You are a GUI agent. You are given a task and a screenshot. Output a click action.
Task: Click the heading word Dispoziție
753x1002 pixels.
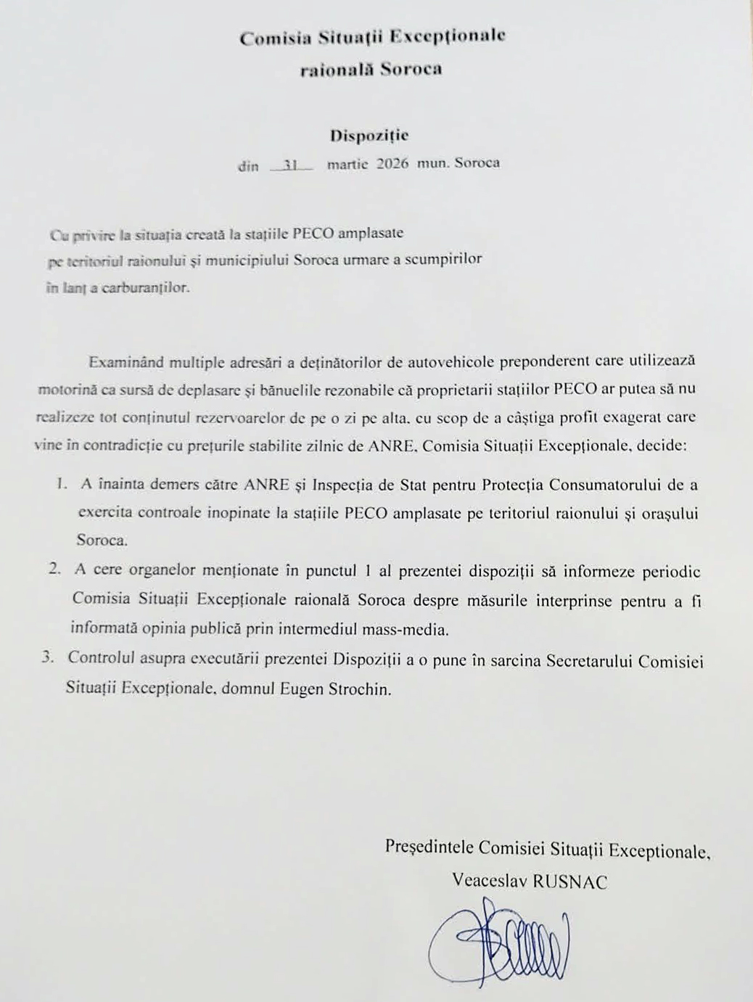point(369,136)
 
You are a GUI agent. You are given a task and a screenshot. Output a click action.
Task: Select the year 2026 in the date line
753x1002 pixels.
point(392,163)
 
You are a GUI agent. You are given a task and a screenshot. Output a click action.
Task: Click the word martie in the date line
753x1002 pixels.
point(347,163)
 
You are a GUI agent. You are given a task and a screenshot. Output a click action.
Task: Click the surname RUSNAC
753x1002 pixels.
point(570,882)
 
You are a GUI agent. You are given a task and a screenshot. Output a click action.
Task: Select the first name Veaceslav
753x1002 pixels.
point(490,881)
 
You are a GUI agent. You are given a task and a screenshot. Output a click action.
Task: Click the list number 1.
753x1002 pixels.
point(62,484)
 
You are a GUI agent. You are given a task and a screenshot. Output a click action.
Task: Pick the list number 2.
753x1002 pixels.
point(54,570)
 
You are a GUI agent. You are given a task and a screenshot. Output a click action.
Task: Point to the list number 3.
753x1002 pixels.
point(49,658)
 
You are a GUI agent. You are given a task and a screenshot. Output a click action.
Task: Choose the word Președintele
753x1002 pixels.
point(429,847)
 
